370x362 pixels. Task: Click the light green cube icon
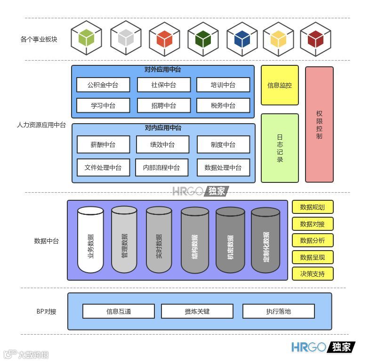pos(87,38)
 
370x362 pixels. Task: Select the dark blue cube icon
pos(242,38)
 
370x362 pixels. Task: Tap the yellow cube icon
pos(278,38)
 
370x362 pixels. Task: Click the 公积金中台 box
pos(103,85)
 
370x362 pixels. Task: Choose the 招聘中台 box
pos(164,106)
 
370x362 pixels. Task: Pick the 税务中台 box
pos(223,106)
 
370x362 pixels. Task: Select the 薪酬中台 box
pos(103,145)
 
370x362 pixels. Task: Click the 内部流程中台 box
pos(161,167)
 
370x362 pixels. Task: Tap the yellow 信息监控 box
pos(280,85)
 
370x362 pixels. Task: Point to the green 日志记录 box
pos(280,148)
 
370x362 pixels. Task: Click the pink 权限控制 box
pos(319,125)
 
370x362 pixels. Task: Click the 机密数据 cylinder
pos(230,240)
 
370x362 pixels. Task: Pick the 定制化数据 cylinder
pos(265,240)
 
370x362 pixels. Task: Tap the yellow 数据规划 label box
pos(313,207)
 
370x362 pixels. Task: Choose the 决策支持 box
pos(313,274)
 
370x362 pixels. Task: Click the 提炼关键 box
pos(197,311)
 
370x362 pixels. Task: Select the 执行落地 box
pos(278,311)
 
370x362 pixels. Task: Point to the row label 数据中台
pos(47,241)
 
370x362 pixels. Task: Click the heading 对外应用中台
pos(163,70)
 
